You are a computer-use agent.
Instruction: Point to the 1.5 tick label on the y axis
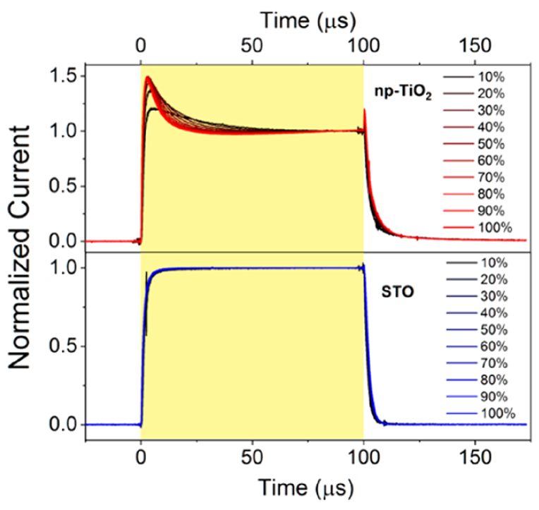(61, 76)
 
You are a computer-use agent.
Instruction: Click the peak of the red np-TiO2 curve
(148, 78)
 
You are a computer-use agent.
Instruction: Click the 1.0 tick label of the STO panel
(61, 268)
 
